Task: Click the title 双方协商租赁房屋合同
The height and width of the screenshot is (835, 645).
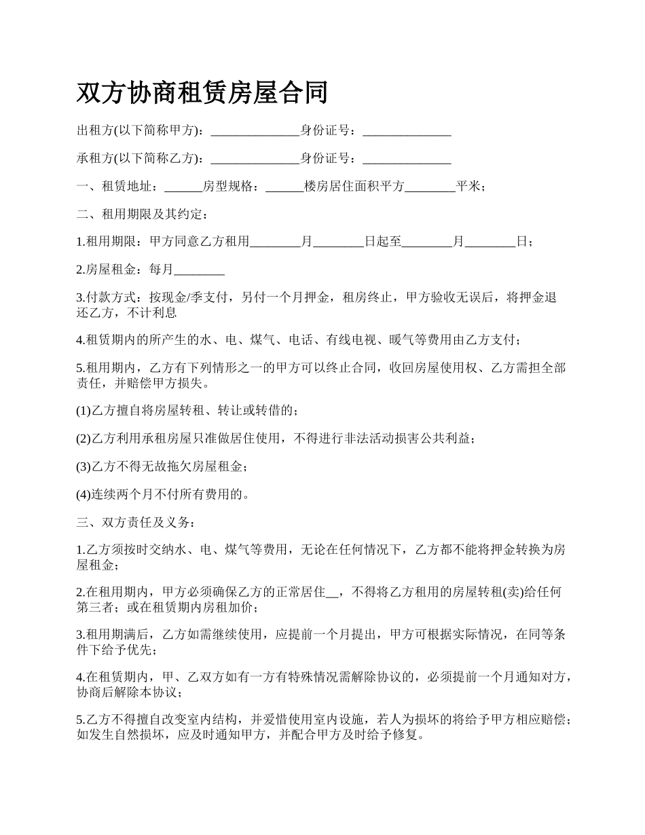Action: tap(202, 93)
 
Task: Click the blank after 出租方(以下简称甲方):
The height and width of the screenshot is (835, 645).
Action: tap(255, 131)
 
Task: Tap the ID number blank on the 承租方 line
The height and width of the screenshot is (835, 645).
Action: tap(407, 160)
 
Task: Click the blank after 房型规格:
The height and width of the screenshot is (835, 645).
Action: tap(284, 187)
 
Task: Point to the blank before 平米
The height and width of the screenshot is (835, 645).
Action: tap(430, 187)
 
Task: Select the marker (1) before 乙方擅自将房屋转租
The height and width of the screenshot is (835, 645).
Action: tap(84, 411)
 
